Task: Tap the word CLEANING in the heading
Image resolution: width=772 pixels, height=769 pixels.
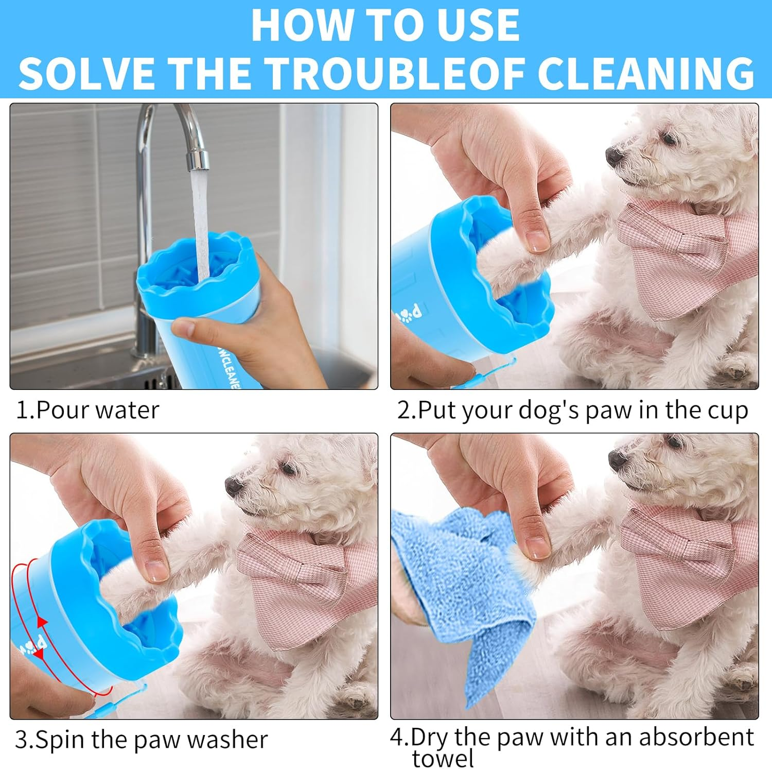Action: (646, 73)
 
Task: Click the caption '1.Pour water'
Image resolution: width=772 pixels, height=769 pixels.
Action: (87, 410)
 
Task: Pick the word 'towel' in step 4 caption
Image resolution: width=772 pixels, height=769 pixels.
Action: (443, 759)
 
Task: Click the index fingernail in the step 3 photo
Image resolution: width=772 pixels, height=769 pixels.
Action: (156, 570)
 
